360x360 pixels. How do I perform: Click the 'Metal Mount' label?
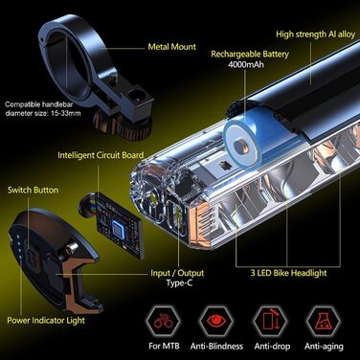tap(172, 47)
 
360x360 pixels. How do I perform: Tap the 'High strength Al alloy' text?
tap(315, 34)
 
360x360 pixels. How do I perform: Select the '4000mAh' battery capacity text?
tap(246, 64)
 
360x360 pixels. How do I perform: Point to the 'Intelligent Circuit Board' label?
tap(101, 155)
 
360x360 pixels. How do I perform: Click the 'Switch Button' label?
tap(34, 191)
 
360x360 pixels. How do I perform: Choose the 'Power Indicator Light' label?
tap(46, 321)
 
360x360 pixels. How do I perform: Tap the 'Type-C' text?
tap(179, 283)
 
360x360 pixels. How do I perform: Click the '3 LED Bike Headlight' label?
tap(288, 273)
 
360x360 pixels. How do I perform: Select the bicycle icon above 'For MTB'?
tap(164, 322)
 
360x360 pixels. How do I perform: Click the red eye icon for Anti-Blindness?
tap(217, 321)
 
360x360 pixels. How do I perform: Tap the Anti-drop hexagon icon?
tap(271, 321)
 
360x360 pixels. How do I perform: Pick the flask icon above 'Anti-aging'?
tap(323, 321)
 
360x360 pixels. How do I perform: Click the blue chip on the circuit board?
tap(118, 229)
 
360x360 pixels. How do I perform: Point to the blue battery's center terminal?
tap(240, 146)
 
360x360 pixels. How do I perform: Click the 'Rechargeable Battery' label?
tap(250, 55)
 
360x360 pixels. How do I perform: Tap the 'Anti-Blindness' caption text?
tap(216, 347)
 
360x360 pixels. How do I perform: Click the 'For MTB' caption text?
tap(164, 346)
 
